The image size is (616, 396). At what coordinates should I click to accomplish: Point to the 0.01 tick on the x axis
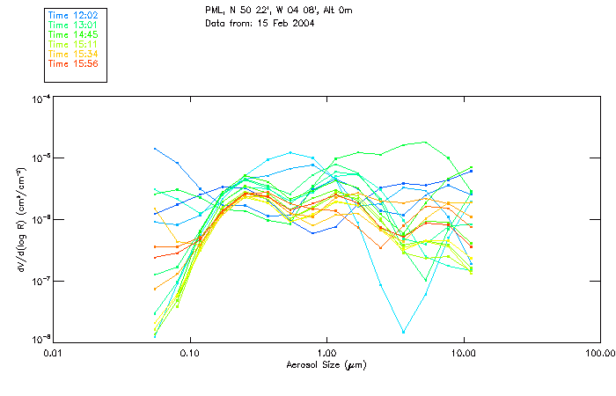[53, 353]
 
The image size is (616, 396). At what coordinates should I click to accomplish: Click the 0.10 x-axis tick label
[189, 353]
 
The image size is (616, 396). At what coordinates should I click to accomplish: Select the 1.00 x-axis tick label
[326, 353]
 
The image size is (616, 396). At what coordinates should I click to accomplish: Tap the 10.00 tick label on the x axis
[463, 353]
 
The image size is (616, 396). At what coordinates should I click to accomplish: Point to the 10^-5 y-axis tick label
[40, 158]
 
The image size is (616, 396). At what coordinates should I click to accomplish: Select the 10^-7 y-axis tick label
[40, 281]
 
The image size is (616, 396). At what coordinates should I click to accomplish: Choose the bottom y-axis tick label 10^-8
[40, 340]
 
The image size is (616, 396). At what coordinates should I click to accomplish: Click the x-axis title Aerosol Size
[326, 364]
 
